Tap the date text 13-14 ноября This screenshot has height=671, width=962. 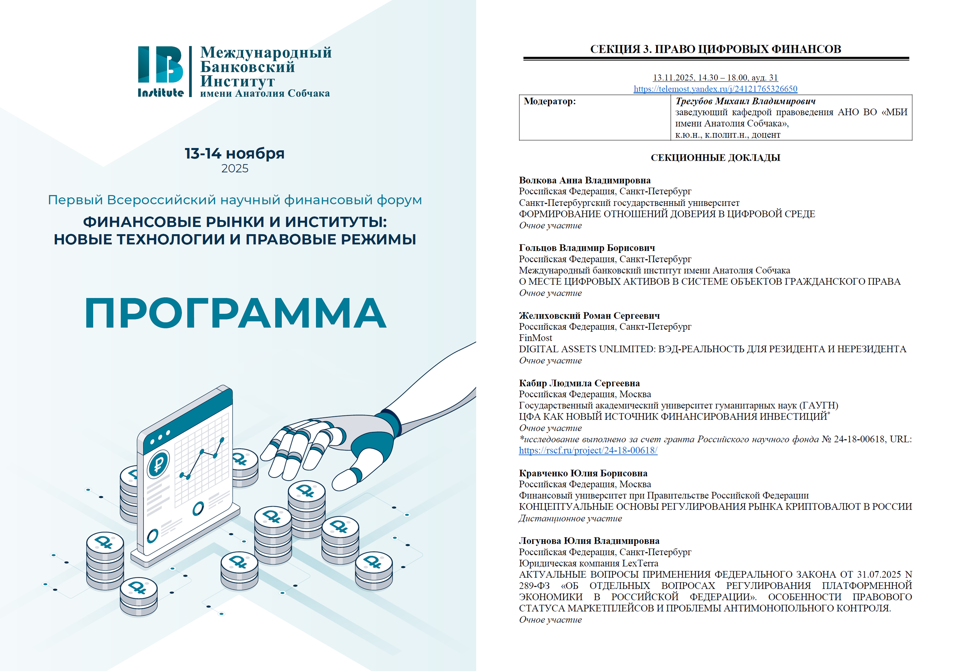[235, 153]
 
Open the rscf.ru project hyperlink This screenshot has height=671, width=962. [588, 450]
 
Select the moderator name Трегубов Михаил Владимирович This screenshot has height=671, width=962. [745, 101]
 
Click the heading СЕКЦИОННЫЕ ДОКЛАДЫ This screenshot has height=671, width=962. [715, 158]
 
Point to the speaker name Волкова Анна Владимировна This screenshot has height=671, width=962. [585, 180]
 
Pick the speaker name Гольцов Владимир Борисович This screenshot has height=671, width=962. [587, 248]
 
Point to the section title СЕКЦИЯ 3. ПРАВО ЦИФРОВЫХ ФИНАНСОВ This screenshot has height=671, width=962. [715, 49]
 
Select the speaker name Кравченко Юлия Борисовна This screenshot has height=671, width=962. [583, 473]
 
